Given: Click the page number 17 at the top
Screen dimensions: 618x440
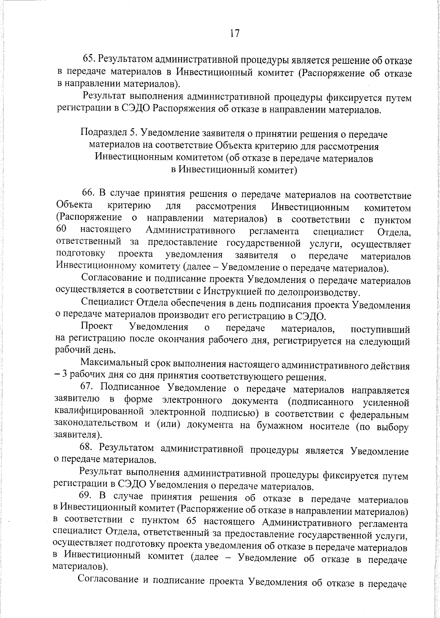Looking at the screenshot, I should pos(235,33).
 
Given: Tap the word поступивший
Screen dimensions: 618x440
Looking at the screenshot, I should pos(380,329).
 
